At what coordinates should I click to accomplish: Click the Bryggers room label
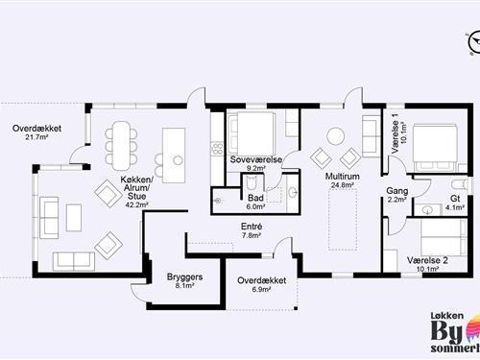[184, 276]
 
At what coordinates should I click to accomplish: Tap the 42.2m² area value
[137, 205]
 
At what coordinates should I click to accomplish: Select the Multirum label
[342, 177]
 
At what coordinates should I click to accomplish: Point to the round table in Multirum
[335, 136]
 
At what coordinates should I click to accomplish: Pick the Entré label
[252, 227]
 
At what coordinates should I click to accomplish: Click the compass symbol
[474, 42]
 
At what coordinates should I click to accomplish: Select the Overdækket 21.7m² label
[36, 132]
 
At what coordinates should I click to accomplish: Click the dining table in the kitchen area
[121, 146]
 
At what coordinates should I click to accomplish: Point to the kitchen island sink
[178, 160]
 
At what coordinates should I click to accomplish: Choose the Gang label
[397, 191]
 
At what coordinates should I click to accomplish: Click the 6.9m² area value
[262, 289]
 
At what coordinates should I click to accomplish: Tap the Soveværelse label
[256, 159]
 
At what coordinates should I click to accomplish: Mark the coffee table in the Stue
[74, 218]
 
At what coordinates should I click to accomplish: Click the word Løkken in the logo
[446, 316]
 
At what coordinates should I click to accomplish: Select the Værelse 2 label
[427, 260]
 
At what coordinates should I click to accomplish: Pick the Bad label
[255, 198]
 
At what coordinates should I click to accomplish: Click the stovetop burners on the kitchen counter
[218, 149]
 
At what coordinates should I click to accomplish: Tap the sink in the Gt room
[427, 210]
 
